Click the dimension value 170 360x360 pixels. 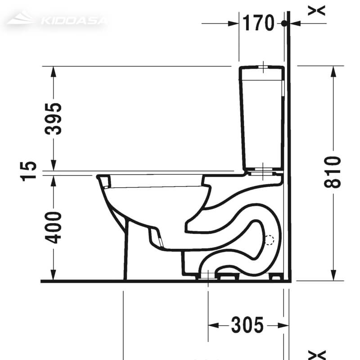point(258,22)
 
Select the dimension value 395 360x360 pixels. point(54,119)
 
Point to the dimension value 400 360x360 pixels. point(54,227)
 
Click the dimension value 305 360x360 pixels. point(247,325)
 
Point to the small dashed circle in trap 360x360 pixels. point(270,240)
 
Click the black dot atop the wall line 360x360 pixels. point(284,23)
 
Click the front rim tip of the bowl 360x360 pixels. point(99,176)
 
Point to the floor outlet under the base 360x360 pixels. point(207,276)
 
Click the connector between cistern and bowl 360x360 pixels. point(263,171)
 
